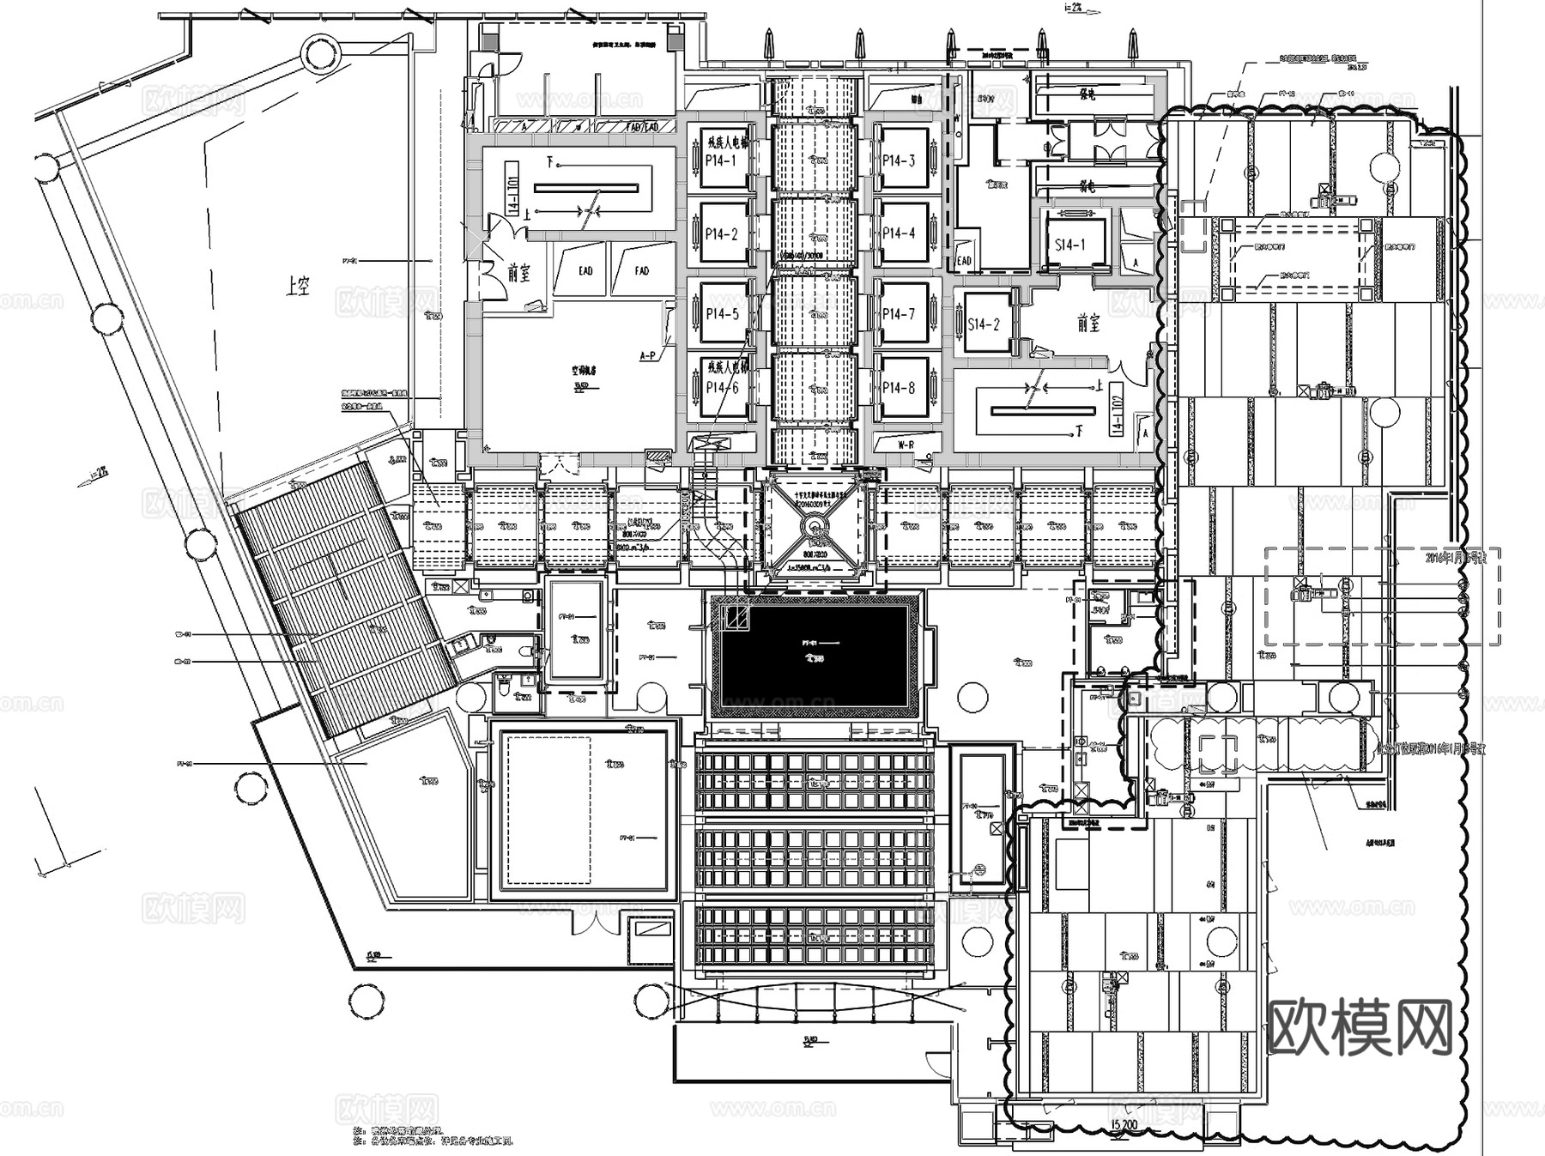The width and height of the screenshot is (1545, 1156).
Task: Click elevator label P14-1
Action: click(x=721, y=160)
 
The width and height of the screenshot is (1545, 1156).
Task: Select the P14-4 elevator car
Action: click(x=899, y=233)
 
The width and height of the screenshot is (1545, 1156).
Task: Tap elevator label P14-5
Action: click(x=722, y=314)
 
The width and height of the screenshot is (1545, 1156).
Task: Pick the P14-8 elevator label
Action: click(x=899, y=388)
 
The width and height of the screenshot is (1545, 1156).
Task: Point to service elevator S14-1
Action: click(x=1069, y=245)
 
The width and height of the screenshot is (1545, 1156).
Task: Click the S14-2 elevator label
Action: click(x=984, y=324)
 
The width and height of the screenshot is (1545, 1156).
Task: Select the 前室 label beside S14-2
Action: click(x=1088, y=324)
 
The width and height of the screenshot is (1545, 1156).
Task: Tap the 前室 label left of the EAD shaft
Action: click(x=518, y=273)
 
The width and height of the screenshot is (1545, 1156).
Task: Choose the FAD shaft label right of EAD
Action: click(x=641, y=271)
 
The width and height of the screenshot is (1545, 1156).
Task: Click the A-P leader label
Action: click(x=647, y=354)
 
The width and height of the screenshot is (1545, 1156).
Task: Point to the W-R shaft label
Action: click(x=906, y=445)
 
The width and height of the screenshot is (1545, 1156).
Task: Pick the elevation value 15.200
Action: click(x=1124, y=1123)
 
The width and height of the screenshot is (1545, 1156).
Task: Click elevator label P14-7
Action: click(x=899, y=314)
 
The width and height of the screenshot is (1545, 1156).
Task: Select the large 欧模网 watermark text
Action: click(x=1360, y=1027)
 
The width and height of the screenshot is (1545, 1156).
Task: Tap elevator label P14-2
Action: click(x=721, y=233)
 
